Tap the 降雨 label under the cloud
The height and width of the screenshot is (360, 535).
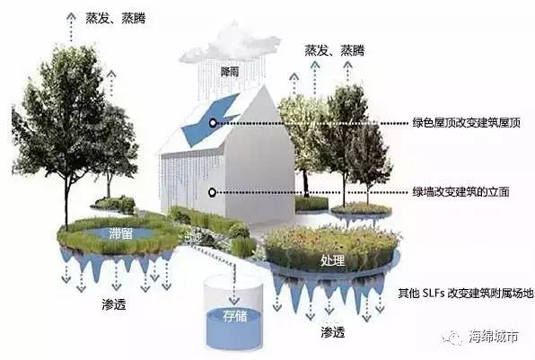[230, 72]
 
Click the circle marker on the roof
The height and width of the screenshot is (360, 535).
[213, 123]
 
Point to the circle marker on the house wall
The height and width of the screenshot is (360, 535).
[212, 193]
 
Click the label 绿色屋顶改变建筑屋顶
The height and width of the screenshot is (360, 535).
[466, 123]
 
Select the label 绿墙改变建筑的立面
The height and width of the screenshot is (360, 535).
[460, 192]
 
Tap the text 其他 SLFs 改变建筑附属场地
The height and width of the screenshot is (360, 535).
[465, 294]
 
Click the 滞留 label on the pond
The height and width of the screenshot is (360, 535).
[120, 233]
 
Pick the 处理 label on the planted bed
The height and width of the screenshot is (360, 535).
[333, 261]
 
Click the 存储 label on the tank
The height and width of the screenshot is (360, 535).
[235, 316]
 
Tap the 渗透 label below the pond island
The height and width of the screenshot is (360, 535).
[114, 304]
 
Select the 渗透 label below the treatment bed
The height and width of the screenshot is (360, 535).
[333, 331]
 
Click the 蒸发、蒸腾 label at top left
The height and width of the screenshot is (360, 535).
[115, 18]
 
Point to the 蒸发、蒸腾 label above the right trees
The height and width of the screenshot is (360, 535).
[334, 50]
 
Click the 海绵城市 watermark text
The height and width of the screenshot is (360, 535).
[494, 337]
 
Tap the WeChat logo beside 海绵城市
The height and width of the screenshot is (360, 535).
[452, 338]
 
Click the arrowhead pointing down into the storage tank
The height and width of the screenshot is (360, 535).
[234, 301]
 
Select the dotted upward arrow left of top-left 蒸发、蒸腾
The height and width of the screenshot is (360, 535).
[71, 27]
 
